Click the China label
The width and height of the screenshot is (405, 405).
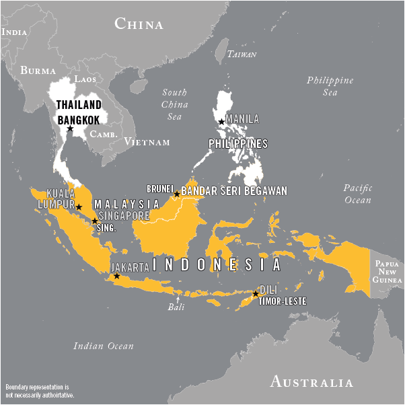139,25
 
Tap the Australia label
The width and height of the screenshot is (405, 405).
311,383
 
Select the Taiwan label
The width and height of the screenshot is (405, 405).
242,54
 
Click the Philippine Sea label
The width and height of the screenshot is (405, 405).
330,86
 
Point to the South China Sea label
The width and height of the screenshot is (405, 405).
174,104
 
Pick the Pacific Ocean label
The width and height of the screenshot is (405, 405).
357,194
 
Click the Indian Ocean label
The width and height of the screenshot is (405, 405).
103,346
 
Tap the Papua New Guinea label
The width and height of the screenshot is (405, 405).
388,270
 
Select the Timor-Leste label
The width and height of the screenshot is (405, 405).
282,301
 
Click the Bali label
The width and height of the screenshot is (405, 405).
176,307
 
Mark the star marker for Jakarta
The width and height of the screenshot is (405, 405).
116,276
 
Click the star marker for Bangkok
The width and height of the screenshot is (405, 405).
70,128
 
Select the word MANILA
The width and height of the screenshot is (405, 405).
242,119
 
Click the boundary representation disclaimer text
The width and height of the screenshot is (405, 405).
40,392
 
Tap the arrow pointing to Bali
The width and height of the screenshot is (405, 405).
177,297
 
